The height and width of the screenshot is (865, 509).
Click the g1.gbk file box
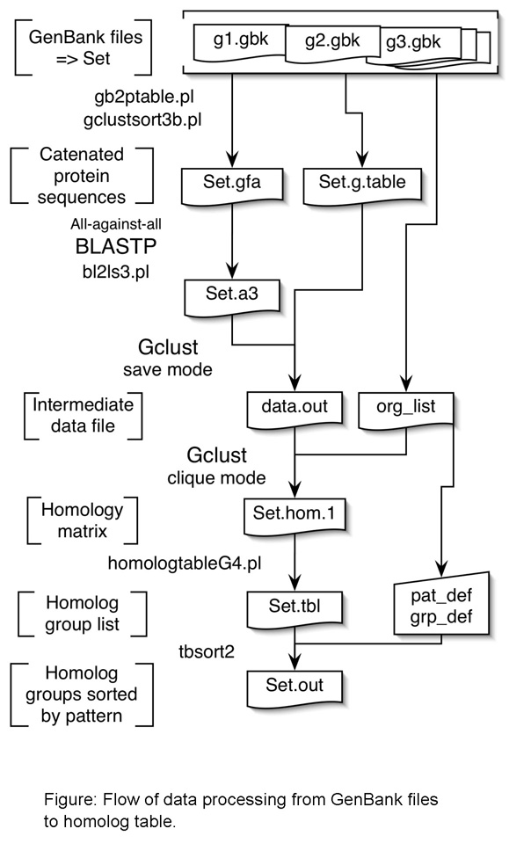click(x=236, y=41)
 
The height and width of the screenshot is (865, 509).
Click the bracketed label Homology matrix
click(x=81, y=521)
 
